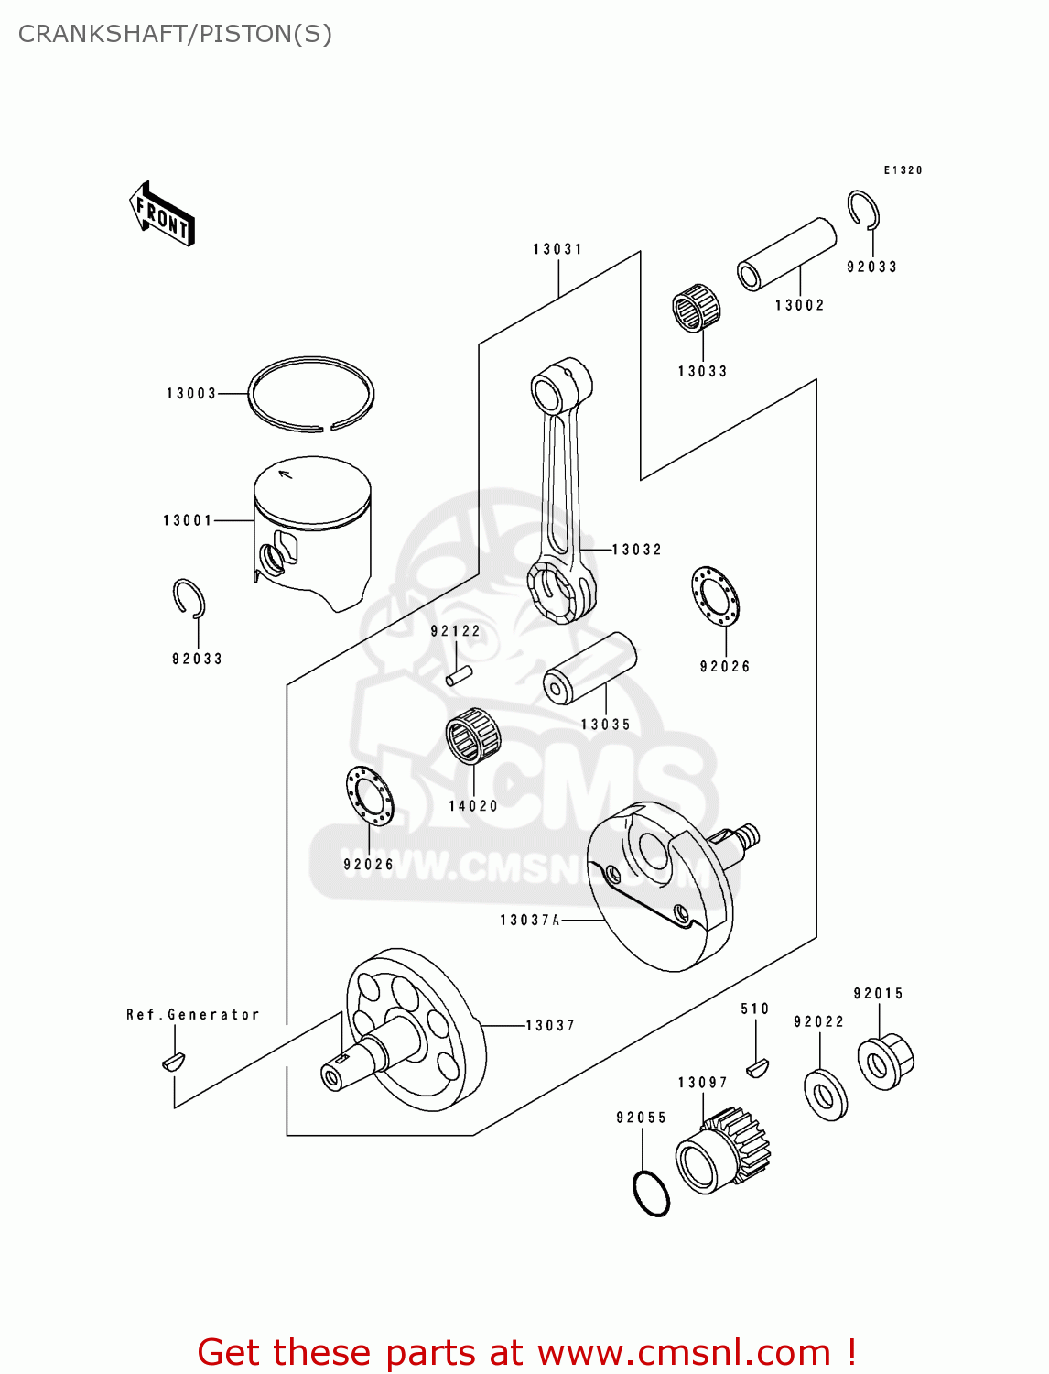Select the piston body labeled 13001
click(x=313, y=531)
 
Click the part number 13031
click(x=557, y=249)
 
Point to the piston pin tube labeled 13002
click(x=787, y=254)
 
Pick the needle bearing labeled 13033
click(x=697, y=308)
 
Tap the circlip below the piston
click(x=189, y=599)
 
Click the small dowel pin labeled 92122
click(x=459, y=675)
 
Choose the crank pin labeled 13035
click(x=589, y=668)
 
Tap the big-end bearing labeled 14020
click(x=473, y=736)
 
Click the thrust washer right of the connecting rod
click(x=715, y=597)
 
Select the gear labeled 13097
click(x=723, y=1153)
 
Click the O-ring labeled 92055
click(x=651, y=1194)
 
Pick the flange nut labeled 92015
click(x=885, y=1062)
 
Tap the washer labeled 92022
click(x=826, y=1095)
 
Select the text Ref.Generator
click(x=193, y=1015)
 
